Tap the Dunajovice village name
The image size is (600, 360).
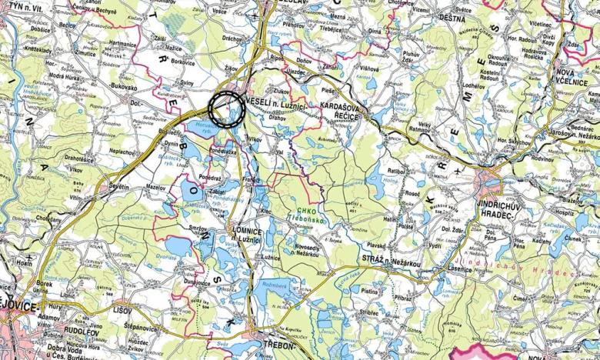(198, 283)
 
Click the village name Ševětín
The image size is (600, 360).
(118, 187)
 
